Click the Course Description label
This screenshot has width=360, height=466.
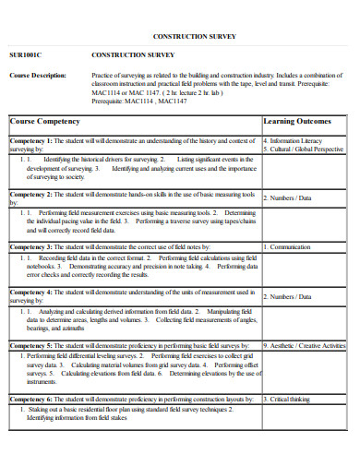[37, 75]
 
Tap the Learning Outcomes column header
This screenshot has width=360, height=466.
[297, 121]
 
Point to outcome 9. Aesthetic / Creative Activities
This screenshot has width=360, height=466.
[305, 346]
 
